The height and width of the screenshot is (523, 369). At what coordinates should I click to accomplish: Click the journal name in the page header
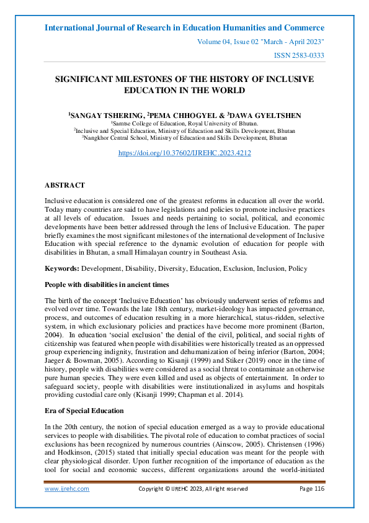[184, 28]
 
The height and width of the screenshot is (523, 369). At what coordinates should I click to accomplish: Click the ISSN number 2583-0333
[299, 55]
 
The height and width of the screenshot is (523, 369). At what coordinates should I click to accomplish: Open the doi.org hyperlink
[184, 152]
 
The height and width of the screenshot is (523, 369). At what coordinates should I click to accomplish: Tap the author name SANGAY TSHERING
[99, 116]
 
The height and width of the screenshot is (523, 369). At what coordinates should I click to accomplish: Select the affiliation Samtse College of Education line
[184, 124]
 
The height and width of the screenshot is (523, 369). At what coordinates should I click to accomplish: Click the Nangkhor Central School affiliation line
[184, 138]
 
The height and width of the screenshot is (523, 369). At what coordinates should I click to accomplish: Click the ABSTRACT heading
[64, 185]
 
